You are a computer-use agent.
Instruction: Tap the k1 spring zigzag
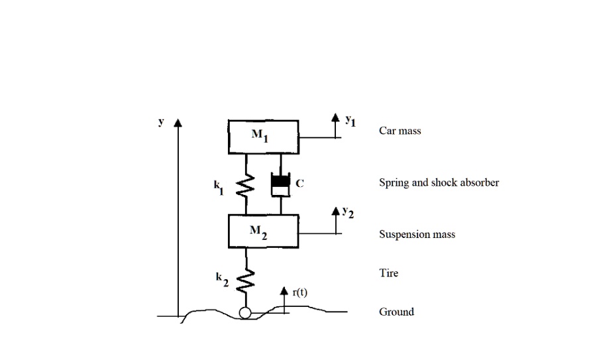click(246, 185)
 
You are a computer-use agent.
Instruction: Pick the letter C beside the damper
click(299, 184)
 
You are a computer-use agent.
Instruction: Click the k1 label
click(219, 188)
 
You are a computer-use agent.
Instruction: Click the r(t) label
click(299, 292)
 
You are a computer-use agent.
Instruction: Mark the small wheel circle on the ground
click(246, 313)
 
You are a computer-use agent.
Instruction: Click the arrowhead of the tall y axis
click(178, 124)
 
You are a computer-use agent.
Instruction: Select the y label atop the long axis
click(160, 122)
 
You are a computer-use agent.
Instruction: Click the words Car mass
click(400, 131)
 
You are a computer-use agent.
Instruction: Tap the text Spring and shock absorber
click(439, 182)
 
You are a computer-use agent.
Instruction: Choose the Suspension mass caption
click(417, 234)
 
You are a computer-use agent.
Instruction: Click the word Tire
click(388, 272)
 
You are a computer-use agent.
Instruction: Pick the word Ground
click(396, 312)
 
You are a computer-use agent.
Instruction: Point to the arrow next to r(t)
click(284, 297)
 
